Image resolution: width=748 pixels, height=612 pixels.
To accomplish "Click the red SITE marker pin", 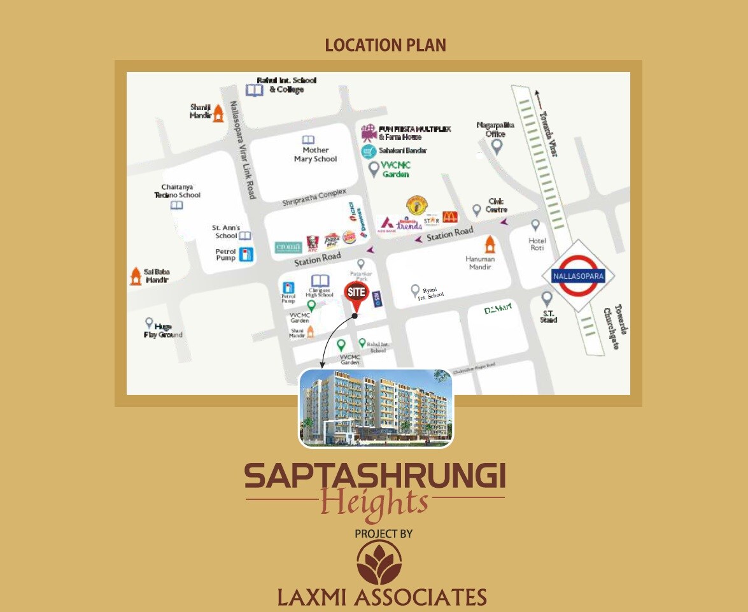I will pos(356,294).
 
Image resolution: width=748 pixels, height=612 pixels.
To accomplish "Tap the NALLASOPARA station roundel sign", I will pos(578,276).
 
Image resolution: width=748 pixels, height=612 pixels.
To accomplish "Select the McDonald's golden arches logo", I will pos(450,216).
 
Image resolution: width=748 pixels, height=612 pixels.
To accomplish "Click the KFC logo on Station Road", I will pos(311,243).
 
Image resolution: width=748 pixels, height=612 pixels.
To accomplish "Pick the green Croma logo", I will pos(288,247).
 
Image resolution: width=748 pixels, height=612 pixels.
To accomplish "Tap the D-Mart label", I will pos(498,310).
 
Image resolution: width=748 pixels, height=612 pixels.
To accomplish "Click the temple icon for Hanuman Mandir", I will pos(490,244).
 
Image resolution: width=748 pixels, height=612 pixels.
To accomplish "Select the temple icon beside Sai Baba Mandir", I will pos(135,276).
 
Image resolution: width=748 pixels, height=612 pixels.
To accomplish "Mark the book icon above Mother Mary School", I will pos(308,139).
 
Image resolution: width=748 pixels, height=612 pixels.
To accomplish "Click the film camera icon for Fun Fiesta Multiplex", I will pos(368,132).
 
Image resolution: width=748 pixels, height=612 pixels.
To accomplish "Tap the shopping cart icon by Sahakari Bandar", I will pos(368,151).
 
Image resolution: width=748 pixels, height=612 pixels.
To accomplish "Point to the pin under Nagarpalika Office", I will pos(497,147).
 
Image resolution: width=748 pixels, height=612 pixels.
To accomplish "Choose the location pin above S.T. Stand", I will pos(547,299).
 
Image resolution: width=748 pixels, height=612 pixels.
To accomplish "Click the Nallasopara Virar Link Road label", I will pos(243,150).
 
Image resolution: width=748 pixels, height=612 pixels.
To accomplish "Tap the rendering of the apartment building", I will pos(376,408).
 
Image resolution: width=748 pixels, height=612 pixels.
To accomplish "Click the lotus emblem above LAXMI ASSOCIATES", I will pos(379,563).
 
